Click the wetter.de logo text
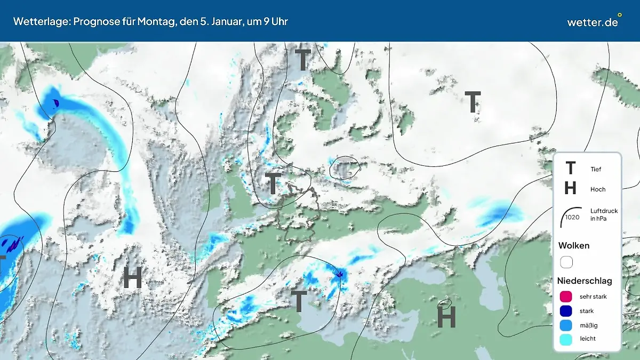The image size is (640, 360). click(592, 22)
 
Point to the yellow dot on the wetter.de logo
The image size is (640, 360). click(619, 15)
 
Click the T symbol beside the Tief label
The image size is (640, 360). click(570, 169)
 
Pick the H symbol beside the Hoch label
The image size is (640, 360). click(570, 189)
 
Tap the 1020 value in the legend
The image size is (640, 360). click(572, 217)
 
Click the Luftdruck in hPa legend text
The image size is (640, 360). click(604, 215)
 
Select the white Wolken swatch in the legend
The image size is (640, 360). click(566, 262)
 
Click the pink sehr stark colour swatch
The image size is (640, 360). click(566, 297)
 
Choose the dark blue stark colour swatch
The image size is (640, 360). click(566, 311)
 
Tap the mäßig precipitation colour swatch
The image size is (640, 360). click(566, 325)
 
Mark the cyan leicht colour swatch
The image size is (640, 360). click(566, 339)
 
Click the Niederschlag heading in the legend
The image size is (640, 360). click(585, 281)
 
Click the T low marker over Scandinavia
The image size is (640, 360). click(302, 60)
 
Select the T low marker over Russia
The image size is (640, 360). click(473, 102)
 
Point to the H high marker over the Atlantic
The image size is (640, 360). click(132, 277)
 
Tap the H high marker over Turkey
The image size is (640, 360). click(446, 317)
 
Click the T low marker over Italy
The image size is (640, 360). click(299, 301)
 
